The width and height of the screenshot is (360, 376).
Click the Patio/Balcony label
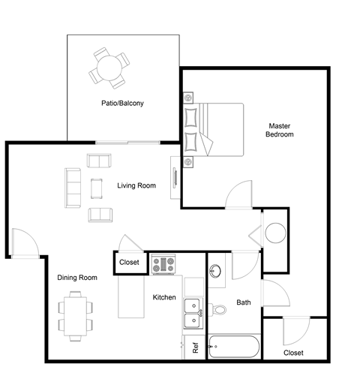tap(122, 103)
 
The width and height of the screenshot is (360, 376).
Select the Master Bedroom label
tap(279, 130)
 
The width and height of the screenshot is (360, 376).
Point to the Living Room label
tap(136, 185)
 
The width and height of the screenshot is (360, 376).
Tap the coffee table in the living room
tap(95, 188)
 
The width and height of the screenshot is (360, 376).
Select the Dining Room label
tap(78, 278)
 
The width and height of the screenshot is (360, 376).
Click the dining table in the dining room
tap(75, 315)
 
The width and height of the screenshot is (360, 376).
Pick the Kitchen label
tap(164, 297)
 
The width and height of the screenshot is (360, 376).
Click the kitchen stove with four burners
tap(163, 264)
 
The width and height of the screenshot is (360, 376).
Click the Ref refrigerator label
tap(195, 348)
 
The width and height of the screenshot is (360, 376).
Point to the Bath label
tap(244, 303)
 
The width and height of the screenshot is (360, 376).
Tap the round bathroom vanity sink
tap(217, 271)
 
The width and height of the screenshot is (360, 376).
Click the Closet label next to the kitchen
tap(130, 263)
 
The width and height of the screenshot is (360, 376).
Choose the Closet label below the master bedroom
tap(294, 353)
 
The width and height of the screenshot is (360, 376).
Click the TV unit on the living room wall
tap(174, 178)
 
